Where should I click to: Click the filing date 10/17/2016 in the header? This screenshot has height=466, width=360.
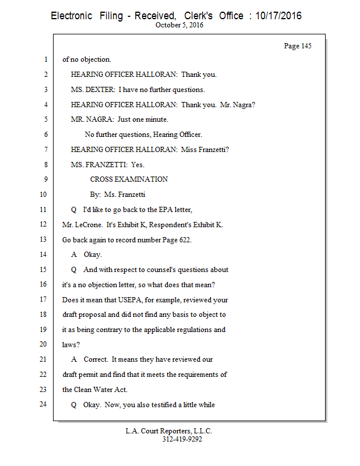point(274,16)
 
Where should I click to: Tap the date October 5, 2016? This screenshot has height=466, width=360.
point(180,25)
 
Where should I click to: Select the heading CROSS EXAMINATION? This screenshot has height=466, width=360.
point(129,179)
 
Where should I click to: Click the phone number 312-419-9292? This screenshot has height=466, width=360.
point(182,440)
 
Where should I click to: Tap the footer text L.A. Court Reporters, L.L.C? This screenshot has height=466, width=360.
point(169,431)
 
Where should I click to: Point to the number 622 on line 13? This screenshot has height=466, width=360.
point(185,239)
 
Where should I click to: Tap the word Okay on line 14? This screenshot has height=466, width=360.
point(93,255)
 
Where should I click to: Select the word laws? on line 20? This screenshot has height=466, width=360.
point(70,344)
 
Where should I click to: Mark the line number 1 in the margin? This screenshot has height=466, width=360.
point(45,59)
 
